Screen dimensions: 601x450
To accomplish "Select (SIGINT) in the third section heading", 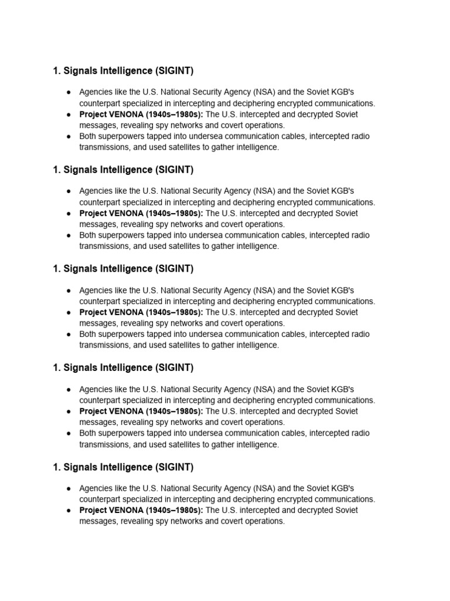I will (x=174, y=269).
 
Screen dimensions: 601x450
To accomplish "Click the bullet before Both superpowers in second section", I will (x=69, y=235).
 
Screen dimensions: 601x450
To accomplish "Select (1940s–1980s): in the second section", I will (x=174, y=213).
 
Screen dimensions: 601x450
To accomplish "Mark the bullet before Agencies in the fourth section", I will (x=69, y=390).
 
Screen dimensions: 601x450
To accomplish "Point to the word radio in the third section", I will (x=360, y=334).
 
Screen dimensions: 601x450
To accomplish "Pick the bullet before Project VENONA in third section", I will (x=69, y=312).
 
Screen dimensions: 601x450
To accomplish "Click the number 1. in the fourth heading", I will (x=57, y=368).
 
